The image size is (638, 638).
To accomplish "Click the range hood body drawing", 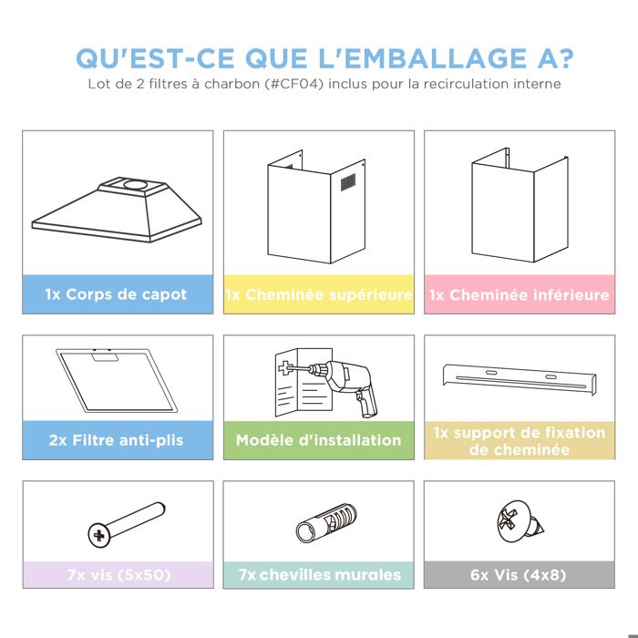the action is [117, 210].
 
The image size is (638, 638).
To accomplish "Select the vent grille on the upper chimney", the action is [348, 182].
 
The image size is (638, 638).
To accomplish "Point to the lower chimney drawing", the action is [520, 205].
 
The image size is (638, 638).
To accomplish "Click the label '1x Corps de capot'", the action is [116, 294].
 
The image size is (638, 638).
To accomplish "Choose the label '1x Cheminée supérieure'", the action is [319, 294].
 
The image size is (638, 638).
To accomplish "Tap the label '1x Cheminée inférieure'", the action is [520, 294].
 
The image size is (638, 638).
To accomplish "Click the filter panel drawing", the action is [117, 380].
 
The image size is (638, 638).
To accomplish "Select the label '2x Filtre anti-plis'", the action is [117, 440].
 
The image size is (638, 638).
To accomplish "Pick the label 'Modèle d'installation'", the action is [319, 440].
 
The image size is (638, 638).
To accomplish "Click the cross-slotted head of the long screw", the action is [98, 535].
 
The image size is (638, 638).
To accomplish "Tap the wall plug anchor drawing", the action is [326, 522].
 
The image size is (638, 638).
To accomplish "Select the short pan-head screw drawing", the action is [520, 521].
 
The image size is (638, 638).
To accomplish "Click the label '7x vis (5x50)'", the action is [118, 575].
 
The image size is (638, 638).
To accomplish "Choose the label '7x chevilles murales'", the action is [320, 575].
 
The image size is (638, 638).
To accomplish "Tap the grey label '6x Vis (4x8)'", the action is [519, 575].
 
